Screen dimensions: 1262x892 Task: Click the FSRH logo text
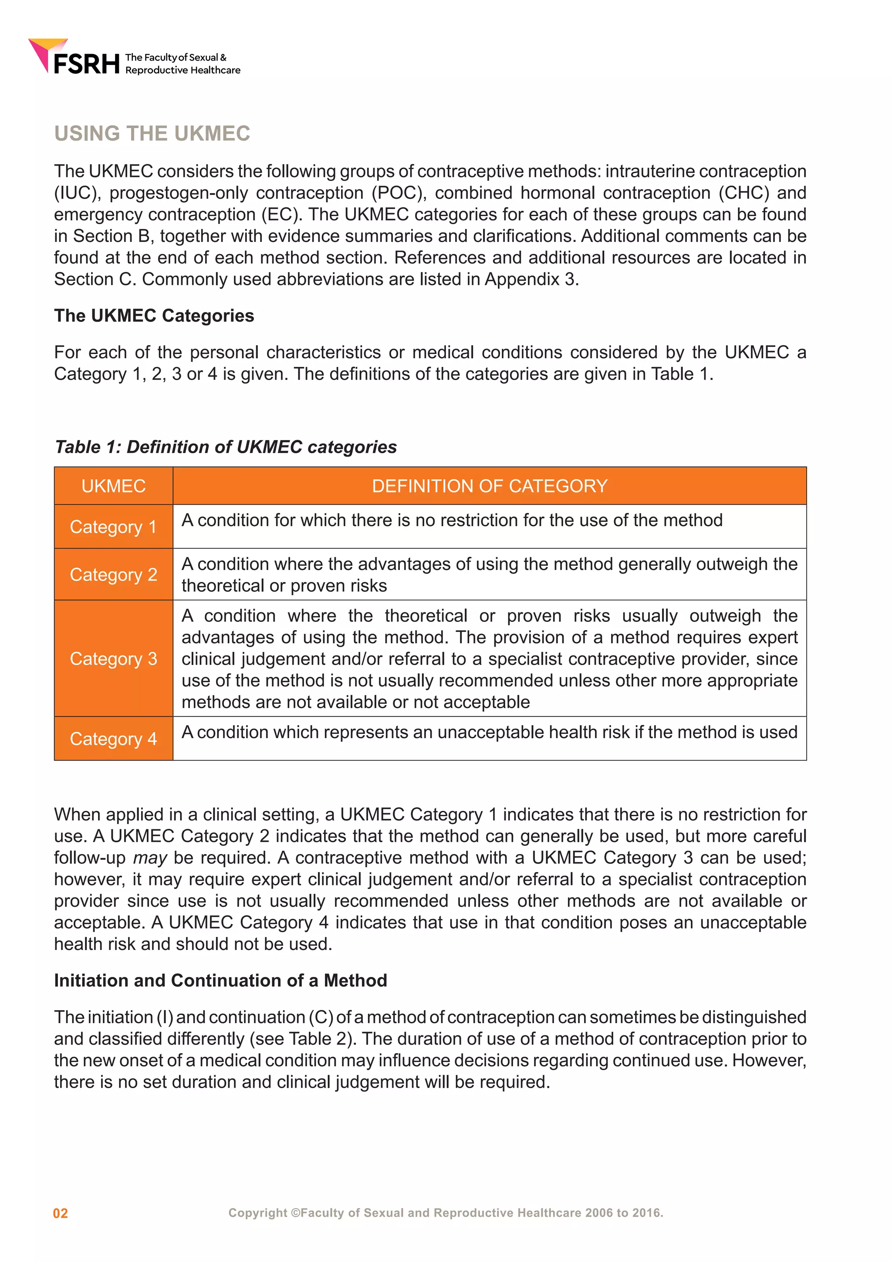click(x=86, y=64)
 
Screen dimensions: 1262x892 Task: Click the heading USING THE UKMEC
click(x=152, y=134)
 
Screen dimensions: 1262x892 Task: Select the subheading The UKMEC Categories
click(x=154, y=315)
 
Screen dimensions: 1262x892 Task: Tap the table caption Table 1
click(x=225, y=447)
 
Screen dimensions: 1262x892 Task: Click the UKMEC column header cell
click(x=113, y=486)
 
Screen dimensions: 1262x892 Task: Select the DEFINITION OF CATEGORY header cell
click(x=490, y=486)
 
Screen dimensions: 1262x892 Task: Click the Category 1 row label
click(x=113, y=526)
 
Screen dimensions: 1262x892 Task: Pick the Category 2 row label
click(x=113, y=574)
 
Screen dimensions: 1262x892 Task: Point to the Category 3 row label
click(x=113, y=658)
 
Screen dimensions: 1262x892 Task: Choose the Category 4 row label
click(x=113, y=739)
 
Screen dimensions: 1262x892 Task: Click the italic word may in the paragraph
click(x=149, y=858)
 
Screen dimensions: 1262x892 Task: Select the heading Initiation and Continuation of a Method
click(x=220, y=980)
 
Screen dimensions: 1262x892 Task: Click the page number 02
click(x=61, y=1214)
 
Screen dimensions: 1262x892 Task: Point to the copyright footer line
click(x=446, y=1212)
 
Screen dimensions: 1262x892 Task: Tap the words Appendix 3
click(x=530, y=279)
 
